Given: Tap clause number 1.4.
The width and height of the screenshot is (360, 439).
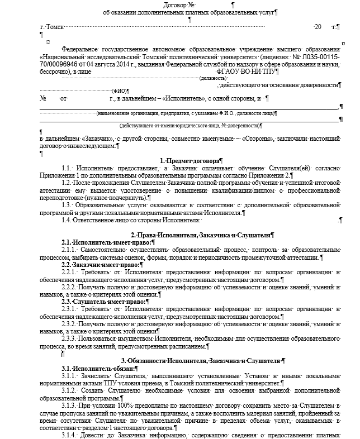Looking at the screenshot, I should pos(67,220).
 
